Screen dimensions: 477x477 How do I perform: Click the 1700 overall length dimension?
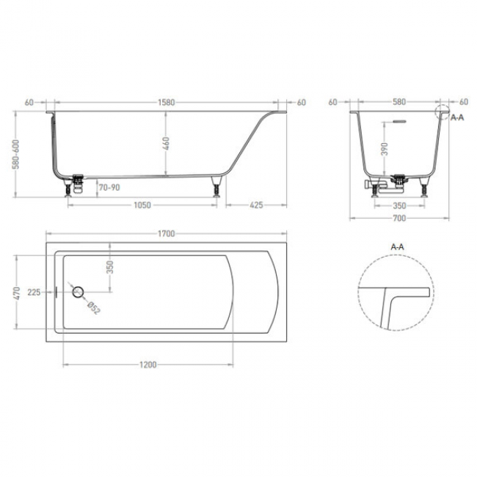[x=166, y=233]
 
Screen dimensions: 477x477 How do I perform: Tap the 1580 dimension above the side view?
[x=166, y=103]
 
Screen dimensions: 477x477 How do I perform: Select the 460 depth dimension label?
[x=166, y=143]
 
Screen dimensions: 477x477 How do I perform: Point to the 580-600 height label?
[x=16, y=154]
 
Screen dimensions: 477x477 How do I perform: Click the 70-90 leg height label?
[x=109, y=187]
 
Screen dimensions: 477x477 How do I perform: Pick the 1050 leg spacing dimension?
[x=142, y=205]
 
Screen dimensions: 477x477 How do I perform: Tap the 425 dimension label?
[x=256, y=205]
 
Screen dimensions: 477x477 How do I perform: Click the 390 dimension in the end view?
[x=385, y=149]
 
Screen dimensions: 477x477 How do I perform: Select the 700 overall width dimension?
[x=399, y=218]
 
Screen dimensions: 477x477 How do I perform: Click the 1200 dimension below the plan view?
[x=148, y=365]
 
